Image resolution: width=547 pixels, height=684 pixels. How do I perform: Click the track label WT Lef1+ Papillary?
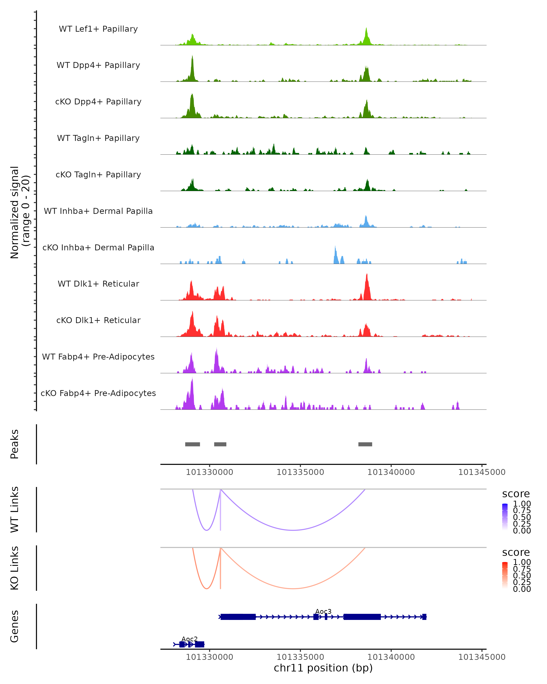click(98, 29)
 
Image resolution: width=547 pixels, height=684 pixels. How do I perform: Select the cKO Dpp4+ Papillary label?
click(98, 102)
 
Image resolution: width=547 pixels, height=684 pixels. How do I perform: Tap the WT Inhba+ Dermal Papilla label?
click(98, 211)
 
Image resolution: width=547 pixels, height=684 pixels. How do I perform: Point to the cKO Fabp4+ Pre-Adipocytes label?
click(98, 393)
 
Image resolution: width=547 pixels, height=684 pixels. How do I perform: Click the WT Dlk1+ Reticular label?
click(98, 284)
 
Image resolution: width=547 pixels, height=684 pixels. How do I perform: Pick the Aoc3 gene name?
click(323, 612)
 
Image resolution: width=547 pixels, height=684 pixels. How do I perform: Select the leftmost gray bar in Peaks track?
click(193, 444)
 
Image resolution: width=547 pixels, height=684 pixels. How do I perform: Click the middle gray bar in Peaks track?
click(220, 444)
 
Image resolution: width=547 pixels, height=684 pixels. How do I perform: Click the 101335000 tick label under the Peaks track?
click(300, 472)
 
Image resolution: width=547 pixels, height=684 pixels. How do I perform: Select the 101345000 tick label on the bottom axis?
click(482, 657)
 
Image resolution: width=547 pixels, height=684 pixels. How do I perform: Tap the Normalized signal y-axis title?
click(20, 212)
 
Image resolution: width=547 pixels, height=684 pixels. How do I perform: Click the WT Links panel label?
click(15, 510)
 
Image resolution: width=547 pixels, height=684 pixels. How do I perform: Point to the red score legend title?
click(516, 552)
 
